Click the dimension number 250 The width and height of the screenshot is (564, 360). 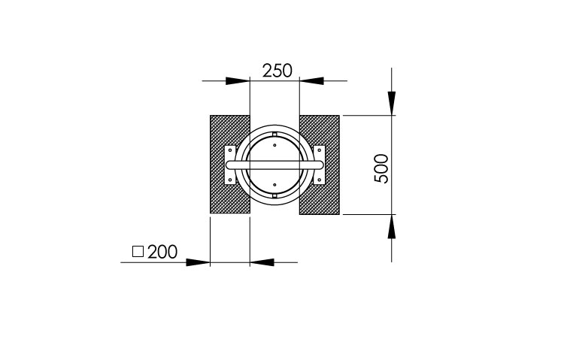click(x=277, y=71)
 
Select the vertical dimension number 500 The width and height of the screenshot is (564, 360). click(x=381, y=168)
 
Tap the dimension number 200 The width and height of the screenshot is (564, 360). click(x=162, y=252)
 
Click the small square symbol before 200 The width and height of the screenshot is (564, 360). click(x=138, y=252)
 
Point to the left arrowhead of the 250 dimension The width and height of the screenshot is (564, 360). click(x=238, y=81)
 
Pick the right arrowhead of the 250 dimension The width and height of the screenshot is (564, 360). click(x=311, y=81)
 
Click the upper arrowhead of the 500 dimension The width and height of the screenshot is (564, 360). click(x=392, y=104)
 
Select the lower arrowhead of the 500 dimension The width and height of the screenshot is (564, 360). click(x=392, y=226)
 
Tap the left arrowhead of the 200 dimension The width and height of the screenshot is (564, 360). click(x=198, y=262)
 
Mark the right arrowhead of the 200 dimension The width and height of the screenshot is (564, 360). click(x=262, y=262)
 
